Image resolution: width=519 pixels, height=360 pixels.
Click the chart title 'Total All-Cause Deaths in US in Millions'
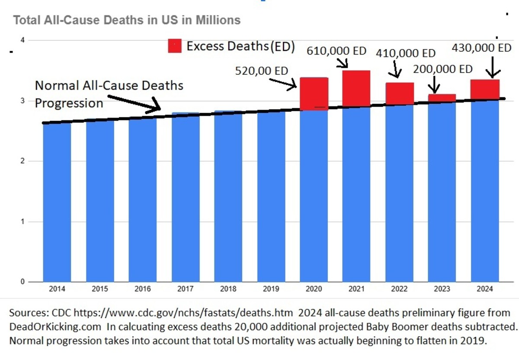[127, 20]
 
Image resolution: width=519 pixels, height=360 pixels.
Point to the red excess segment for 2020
[314, 94]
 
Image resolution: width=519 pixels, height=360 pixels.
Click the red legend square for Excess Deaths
[175, 46]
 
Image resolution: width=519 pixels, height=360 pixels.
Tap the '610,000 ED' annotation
[336, 51]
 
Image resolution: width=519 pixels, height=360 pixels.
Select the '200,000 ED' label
[443, 69]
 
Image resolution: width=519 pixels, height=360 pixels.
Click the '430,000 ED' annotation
[481, 48]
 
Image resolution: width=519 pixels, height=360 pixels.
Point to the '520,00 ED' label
[261, 71]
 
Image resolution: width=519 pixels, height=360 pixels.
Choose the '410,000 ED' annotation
[405, 54]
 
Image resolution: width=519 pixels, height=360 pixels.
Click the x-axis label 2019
[271, 289]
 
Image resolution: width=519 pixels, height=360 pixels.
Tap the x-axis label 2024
[485, 289]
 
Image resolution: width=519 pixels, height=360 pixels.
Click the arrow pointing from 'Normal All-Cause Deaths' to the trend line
[130, 104]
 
